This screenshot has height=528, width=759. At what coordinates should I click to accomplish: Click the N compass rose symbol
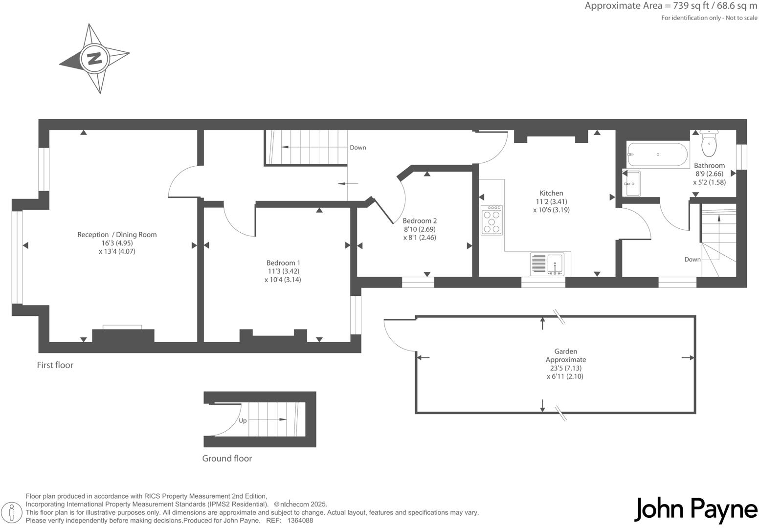coord(94,59)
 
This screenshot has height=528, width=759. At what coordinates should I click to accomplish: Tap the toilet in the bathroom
coord(709,143)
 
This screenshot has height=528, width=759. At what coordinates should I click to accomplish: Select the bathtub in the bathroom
coord(657,154)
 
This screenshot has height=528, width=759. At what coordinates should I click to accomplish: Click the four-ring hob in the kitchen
coord(491,220)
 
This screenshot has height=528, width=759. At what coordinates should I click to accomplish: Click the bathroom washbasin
coord(631,183)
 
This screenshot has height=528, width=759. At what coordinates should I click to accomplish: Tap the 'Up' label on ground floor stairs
coord(243,420)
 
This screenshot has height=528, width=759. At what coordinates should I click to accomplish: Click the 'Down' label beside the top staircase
coord(357,148)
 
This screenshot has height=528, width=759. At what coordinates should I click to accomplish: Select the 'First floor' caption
coord(55,365)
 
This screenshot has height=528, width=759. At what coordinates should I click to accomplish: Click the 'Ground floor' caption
coord(227,459)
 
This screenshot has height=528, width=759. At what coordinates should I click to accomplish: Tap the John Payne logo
coord(695,510)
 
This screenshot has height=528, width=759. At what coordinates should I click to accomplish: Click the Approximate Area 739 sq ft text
coord(670,6)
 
